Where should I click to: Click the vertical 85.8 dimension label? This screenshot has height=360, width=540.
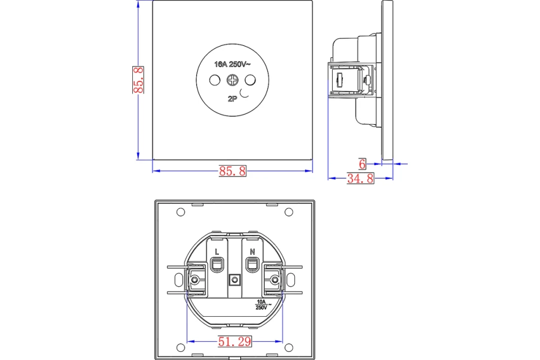click(x=138, y=80)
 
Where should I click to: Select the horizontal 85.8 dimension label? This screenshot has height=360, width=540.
click(x=233, y=171)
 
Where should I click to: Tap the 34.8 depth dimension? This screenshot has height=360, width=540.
click(x=360, y=178)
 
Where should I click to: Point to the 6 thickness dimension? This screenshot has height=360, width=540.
click(x=362, y=164)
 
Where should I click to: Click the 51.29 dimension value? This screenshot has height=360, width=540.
click(x=234, y=342)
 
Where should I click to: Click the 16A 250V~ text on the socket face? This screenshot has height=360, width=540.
click(x=232, y=64)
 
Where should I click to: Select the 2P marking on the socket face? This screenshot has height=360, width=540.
click(x=232, y=99)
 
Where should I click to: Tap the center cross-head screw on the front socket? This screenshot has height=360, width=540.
click(x=232, y=80)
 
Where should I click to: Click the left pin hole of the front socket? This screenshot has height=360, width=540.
click(x=215, y=80)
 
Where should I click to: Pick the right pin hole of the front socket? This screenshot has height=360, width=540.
click(x=251, y=80)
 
